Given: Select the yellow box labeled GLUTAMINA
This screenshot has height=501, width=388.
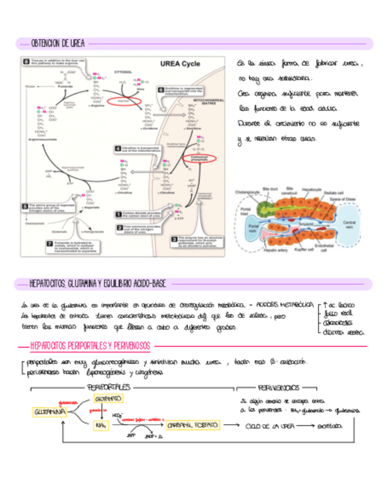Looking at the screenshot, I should [x=49, y=411].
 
